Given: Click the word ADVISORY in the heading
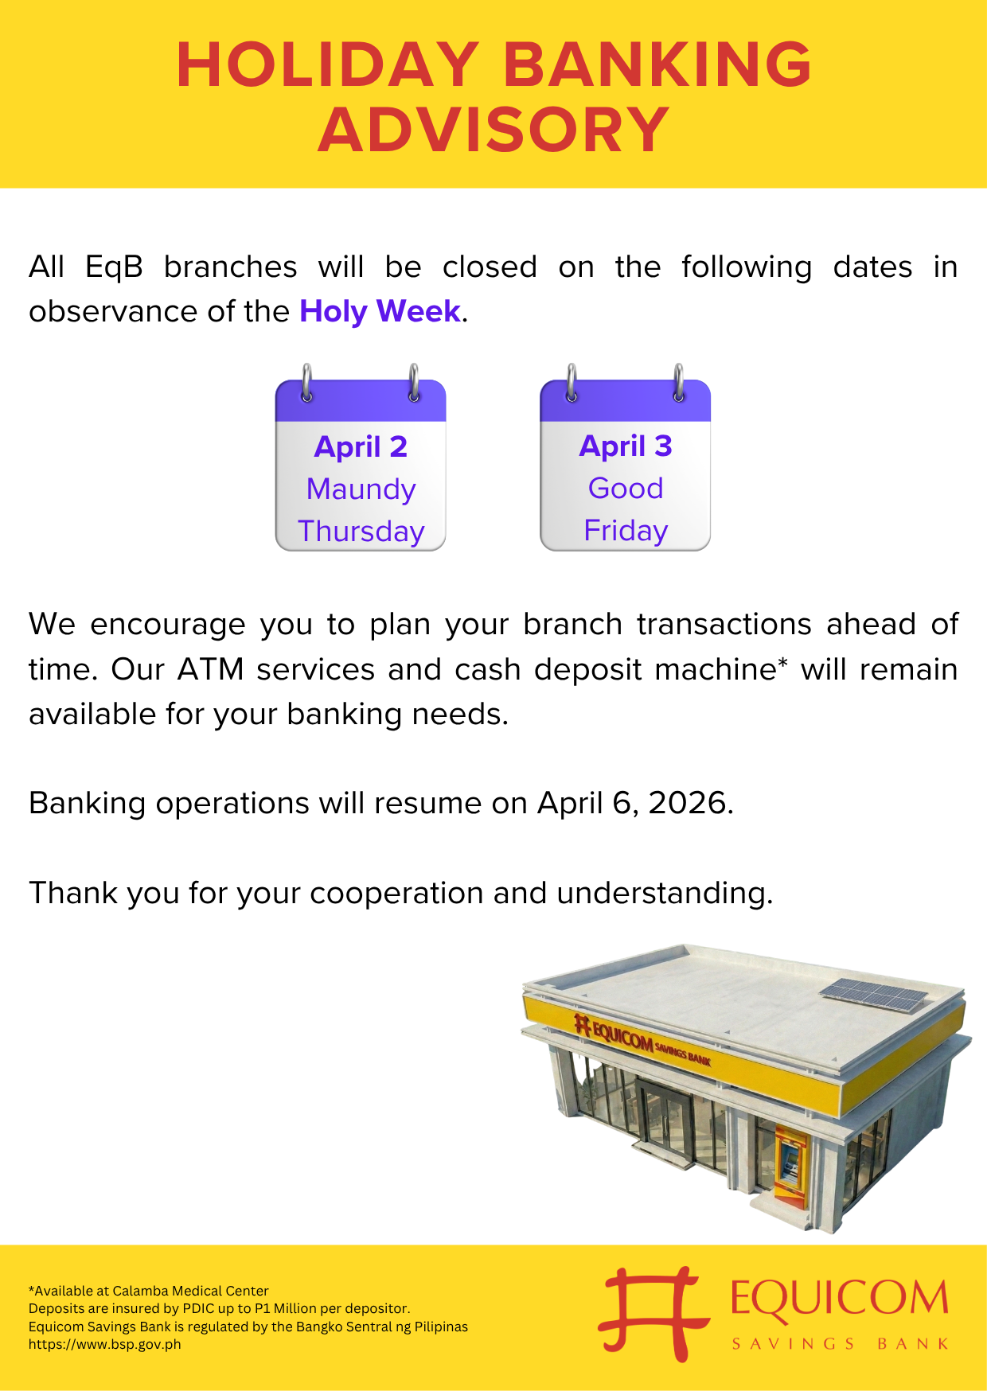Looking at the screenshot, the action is [494, 130].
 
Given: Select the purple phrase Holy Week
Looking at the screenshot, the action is [380, 311].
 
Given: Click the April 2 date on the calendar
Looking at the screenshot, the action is [361, 447].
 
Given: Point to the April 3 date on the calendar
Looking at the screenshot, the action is [626, 446].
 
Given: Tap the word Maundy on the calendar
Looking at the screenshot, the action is [361, 489].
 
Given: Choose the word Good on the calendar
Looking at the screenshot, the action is [626, 488].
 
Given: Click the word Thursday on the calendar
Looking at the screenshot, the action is [361, 531].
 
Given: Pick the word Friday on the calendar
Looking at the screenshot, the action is [626, 530].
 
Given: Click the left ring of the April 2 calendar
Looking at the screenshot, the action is [306, 383].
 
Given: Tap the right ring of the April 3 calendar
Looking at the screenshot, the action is [678, 383].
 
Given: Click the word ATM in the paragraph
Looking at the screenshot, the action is [210, 669].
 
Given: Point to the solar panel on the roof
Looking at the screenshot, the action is [874, 995].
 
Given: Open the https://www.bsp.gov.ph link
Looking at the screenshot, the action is [105, 1344].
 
